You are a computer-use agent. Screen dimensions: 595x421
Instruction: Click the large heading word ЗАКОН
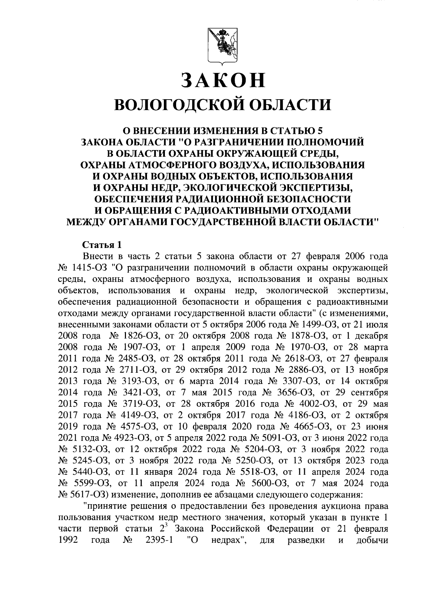223,80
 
